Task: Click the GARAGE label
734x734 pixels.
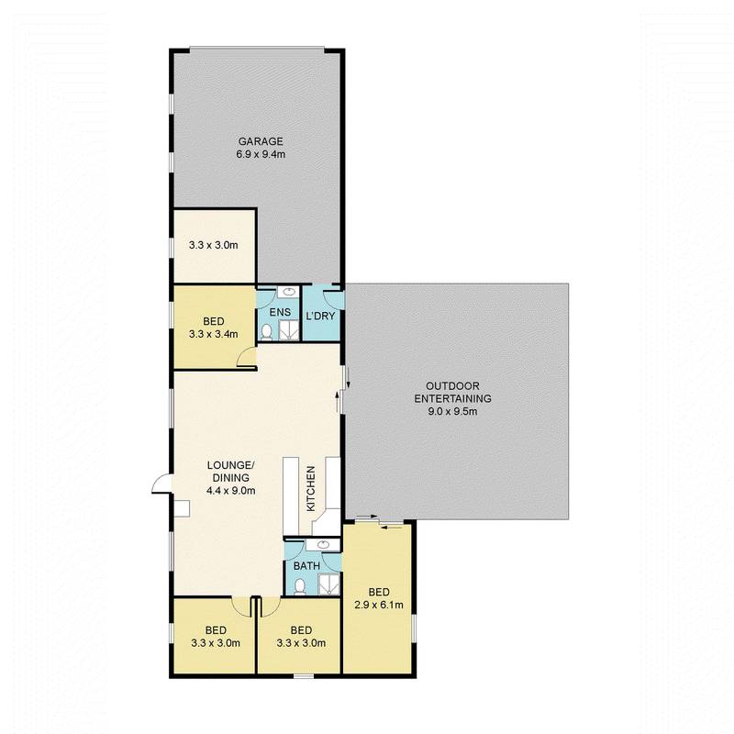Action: point(261,141)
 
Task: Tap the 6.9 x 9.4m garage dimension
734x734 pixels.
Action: point(261,155)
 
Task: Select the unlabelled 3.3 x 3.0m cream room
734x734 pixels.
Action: point(213,245)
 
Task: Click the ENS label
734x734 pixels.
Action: point(279,313)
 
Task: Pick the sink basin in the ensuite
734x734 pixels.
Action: point(287,295)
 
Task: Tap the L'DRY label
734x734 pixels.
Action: point(320,317)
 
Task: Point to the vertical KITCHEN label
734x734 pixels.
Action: point(311,488)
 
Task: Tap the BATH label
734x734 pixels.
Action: point(306,566)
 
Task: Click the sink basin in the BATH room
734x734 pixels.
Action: point(312,546)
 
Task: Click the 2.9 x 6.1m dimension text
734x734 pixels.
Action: point(377,605)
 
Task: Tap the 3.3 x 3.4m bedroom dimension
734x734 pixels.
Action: point(215,334)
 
